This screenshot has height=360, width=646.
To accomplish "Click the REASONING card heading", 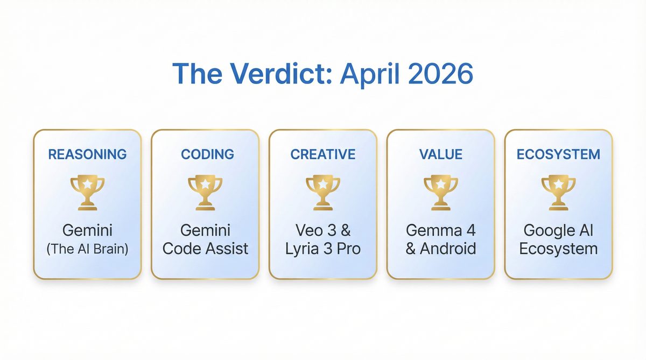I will click(x=87, y=154).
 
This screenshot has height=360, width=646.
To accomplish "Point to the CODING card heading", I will click(x=207, y=154).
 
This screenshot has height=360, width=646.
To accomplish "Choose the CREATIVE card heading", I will click(x=323, y=154).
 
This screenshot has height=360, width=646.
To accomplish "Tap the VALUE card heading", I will click(x=440, y=154).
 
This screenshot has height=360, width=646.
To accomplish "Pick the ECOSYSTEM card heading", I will click(x=558, y=154).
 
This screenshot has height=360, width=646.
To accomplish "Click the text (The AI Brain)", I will click(x=87, y=250).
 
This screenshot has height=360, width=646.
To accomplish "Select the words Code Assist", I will click(x=205, y=249).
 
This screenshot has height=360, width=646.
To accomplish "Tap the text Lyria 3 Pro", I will click(x=323, y=249).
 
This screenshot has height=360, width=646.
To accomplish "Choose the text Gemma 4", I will click(x=440, y=231).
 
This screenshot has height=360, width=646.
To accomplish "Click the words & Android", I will click(x=440, y=249).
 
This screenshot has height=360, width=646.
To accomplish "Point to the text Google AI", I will click(x=558, y=231).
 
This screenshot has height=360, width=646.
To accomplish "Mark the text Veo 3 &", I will click(x=323, y=231).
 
